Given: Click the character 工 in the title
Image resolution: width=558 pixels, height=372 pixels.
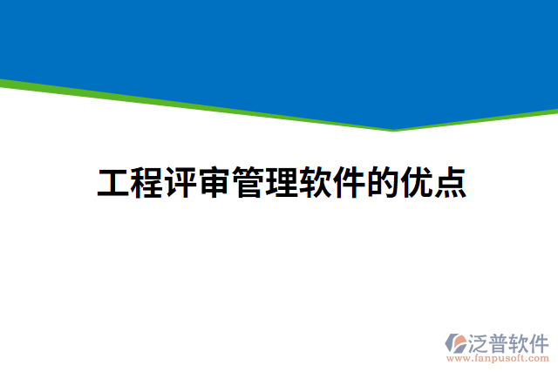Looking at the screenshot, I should point(112,184).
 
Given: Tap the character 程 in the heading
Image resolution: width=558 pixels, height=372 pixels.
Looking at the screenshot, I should point(146,184).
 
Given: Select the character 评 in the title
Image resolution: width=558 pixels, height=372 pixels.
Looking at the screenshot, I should point(180,184).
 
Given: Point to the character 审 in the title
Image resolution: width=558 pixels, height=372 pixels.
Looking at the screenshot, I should point(214,184).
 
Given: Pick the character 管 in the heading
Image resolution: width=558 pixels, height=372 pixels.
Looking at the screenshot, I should point(248,184).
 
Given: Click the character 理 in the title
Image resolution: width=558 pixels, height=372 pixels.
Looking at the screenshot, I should point(281,184).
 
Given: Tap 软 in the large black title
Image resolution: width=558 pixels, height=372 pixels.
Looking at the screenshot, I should point(315,184).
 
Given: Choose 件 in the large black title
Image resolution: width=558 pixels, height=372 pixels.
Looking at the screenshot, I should point(349,184).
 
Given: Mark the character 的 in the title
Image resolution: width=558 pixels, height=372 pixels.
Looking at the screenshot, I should point(382,184).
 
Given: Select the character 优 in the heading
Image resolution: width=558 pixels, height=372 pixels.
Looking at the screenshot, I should point(416,184).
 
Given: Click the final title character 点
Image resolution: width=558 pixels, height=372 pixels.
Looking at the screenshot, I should point(450,184).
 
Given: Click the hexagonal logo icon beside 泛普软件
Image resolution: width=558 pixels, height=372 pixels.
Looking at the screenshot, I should point(456,343).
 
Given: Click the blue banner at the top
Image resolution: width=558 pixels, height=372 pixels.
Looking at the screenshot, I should point(279,44).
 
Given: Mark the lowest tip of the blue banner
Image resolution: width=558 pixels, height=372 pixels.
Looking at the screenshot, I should point(392,128).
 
